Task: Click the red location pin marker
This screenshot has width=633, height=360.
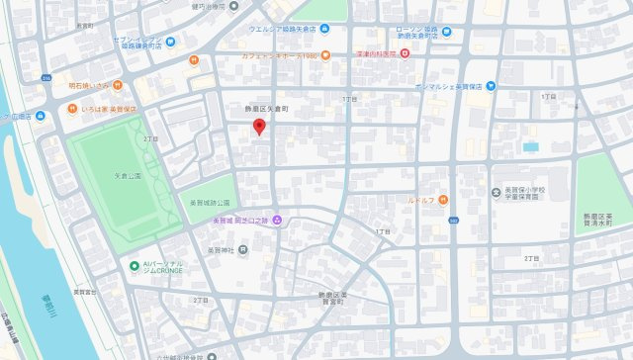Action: (x=259, y=128)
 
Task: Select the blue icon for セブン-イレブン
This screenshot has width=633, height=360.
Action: (x=171, y=41)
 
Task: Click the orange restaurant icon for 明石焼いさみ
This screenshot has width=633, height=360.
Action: (x=116, y=84)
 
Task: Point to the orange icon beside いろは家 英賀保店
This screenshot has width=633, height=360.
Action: (x=73, y=108)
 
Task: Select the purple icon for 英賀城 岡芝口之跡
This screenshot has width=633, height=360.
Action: (x=278, y=220)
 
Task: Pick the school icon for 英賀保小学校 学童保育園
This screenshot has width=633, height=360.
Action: (x=497, y=192)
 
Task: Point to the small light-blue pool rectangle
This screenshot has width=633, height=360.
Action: (x=531, y=146)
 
